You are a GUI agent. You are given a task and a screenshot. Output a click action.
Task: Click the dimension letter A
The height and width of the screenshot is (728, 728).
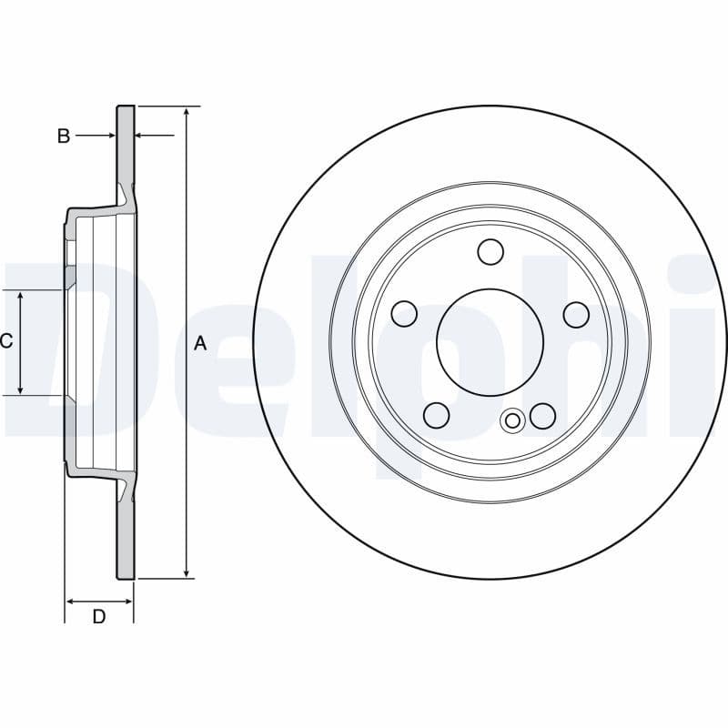click(201, 343)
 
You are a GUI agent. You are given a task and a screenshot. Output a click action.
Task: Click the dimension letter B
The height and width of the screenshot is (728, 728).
click(64, 136)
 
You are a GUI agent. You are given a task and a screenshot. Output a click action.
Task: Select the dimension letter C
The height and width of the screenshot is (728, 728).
click(6, 342)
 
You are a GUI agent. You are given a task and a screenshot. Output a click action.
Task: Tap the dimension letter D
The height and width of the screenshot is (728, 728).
click(99, 616)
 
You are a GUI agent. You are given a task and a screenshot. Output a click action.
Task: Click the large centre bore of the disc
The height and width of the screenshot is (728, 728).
click(490, 341)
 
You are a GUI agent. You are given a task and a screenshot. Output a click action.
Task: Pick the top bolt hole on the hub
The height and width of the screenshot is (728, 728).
click(490, 252)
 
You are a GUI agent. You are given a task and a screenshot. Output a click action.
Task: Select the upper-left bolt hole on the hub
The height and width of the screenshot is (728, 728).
click(405, 315)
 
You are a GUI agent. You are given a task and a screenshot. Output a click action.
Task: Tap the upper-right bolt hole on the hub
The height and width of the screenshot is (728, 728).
click(576, 315)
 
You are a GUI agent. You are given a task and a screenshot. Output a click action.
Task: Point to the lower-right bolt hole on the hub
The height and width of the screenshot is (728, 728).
click(543, 416)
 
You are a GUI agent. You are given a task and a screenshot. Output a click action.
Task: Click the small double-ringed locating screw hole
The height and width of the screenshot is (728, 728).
click(513, 420)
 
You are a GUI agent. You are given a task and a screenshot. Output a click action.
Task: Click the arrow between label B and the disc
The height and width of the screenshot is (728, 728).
click(108, 136)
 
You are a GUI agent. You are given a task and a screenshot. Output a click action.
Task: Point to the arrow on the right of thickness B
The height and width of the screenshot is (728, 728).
click(142, 136)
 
